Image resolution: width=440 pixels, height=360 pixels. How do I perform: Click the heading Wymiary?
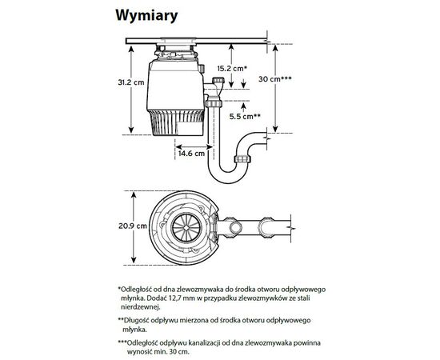tap(146, 16)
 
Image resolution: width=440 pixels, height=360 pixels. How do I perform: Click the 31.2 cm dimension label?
tap(131, 82)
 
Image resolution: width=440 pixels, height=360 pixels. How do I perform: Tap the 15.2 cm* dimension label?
tap(232, 68)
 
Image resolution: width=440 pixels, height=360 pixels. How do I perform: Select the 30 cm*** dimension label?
tap(275, 79)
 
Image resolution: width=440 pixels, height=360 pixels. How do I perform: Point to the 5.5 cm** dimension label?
tap(245, 116)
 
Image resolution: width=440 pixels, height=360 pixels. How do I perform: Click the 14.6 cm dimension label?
tap(192, 154)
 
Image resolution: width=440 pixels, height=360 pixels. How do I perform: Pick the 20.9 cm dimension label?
tap(133, 226)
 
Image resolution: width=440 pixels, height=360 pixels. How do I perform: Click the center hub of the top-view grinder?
tap(186, 227)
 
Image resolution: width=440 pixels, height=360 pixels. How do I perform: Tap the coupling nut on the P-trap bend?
tap(242, 159)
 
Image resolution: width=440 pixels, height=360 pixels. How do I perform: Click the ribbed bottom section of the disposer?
tap(177, 122)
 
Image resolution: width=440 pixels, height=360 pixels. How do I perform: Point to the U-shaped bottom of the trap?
tap(227, 175)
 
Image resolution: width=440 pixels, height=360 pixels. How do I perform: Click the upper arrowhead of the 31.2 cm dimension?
tap(131, 49)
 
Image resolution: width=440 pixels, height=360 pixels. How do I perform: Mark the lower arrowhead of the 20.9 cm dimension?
tap(134, 260)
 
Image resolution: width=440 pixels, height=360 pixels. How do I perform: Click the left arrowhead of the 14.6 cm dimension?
tap(178, 146)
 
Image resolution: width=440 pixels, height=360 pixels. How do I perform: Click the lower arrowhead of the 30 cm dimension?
tap(275, 129)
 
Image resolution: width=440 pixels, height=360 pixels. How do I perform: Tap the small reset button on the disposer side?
tap(202, 69)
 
